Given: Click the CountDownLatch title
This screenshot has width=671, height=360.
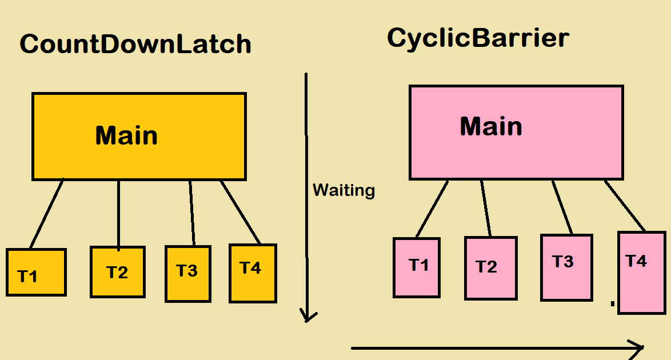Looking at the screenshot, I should click(135, 45).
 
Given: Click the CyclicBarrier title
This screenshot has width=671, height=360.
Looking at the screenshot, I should click(478, 38).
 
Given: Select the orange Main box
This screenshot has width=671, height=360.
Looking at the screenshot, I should click(139, 137).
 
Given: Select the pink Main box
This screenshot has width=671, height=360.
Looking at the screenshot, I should click(516, 133).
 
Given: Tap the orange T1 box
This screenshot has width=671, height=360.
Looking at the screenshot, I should click(36, 273).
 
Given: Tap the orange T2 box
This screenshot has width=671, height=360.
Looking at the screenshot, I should click(118, 272).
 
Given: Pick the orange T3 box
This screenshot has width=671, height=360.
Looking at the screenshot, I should click(188, 274).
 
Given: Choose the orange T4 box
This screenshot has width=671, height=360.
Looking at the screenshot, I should click(253, 273).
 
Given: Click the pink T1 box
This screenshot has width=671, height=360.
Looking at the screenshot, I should click(417, 267).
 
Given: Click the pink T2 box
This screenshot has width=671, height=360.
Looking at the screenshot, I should click(490, 268).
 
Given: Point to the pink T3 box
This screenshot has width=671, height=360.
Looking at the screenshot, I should click(566, 267).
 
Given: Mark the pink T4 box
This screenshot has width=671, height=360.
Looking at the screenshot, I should click(641, 272).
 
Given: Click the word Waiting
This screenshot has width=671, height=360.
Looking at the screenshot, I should click(344, 190).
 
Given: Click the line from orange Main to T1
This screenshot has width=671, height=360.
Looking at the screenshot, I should click(46, 214).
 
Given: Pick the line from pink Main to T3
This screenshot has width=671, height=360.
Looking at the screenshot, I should click(562, 207).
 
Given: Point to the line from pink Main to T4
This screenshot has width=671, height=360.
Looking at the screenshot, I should click(625, 206).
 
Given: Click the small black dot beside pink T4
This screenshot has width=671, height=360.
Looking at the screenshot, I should click(613, 303).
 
